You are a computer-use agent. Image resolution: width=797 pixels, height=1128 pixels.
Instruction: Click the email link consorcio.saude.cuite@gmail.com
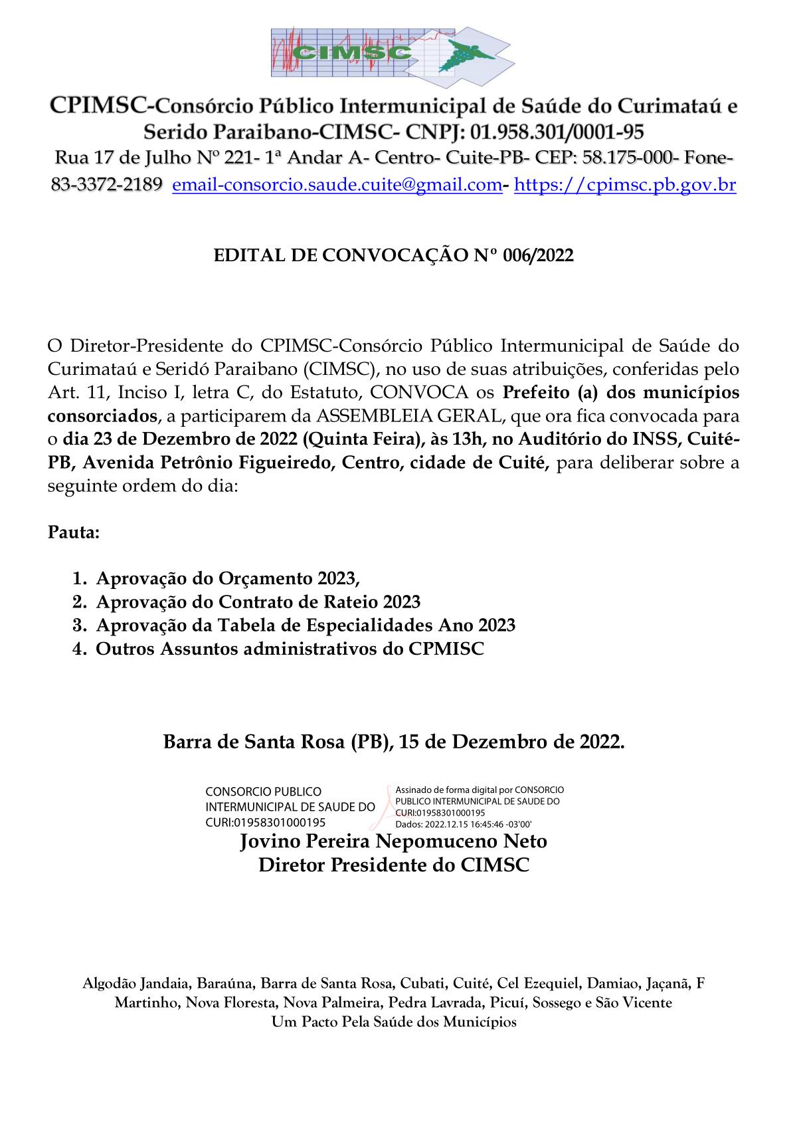pyautogui.click(x=337, y=185)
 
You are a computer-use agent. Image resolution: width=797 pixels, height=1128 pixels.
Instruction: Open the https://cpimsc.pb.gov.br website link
pyautogui.click(x=625, y=185)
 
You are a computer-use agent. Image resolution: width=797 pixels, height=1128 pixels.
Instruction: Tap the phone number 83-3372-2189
pyautogui.click(x=106, y=185)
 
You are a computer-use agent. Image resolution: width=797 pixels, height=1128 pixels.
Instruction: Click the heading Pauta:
pyautogui.click(x=74, y=533)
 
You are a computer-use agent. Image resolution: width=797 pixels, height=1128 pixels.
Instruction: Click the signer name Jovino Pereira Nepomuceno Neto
pyautogui.click(x=393, y=842)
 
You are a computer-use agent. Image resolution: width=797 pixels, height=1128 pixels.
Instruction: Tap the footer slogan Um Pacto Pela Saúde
pyautogui.click(x=394, y=1022)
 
